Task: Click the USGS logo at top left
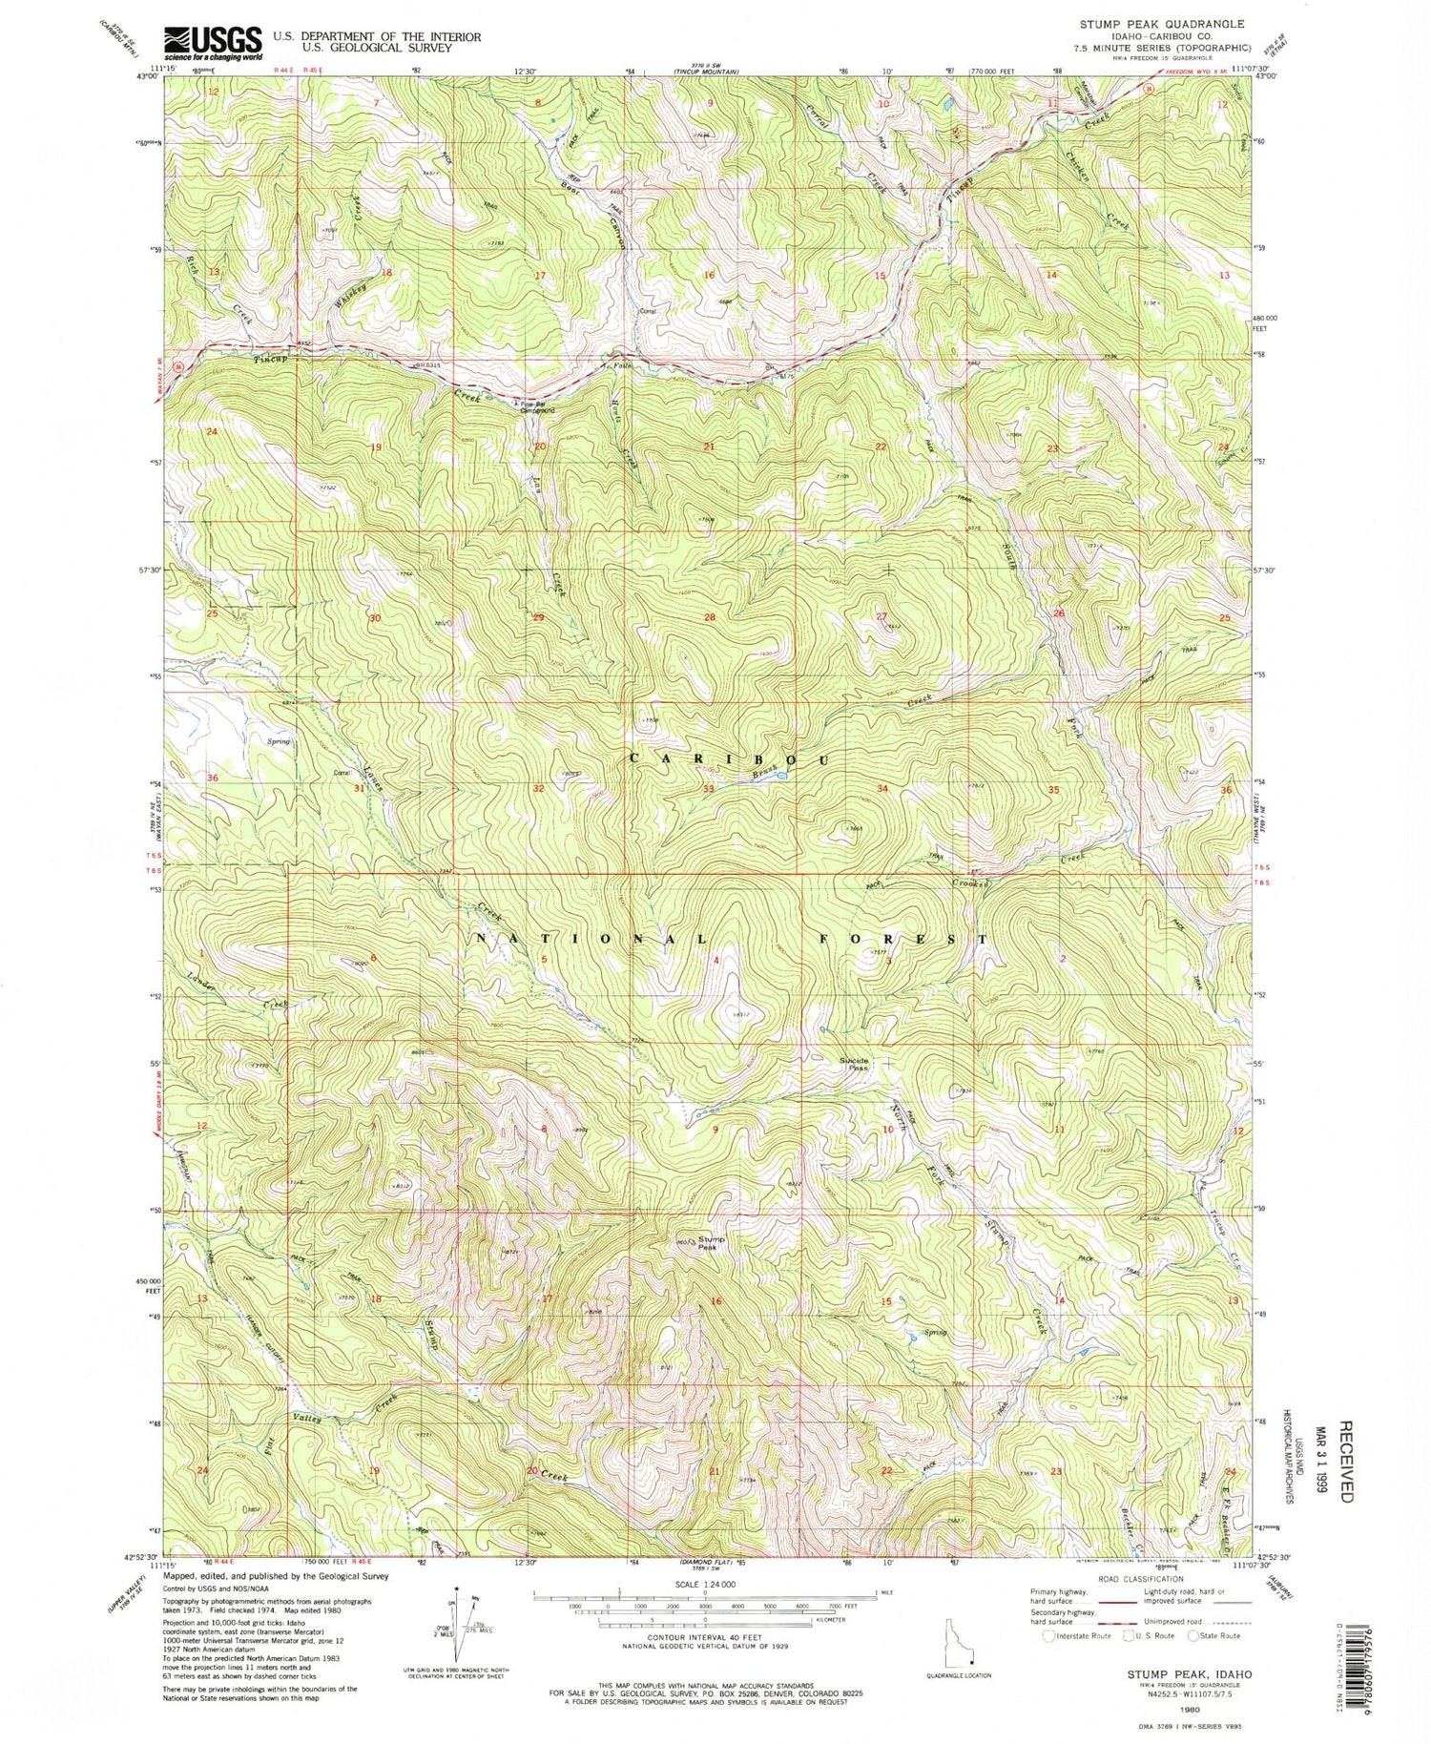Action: click(x=212, y=42)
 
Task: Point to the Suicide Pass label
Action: click(x=854, y=1065)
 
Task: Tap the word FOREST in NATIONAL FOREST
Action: click(x=904, y=939)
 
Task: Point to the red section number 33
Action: click(x=709, y=789)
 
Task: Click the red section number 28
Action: click(x=709, y=618)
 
